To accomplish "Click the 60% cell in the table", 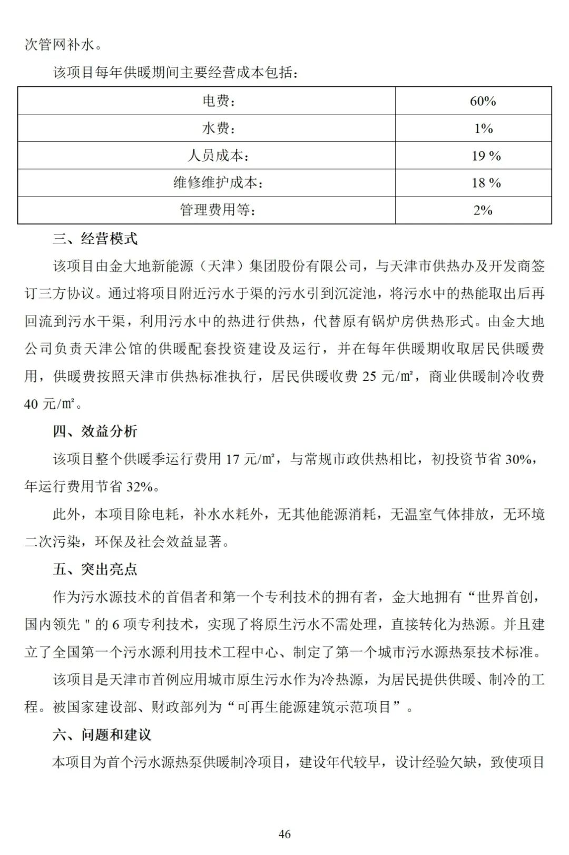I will coord(483,101).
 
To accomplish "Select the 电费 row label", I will coord(219,101).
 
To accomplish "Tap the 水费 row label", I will coord(219,129).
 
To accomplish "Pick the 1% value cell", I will coord(483,129).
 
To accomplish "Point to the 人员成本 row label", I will coord(219,156).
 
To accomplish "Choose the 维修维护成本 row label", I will coord(219,183).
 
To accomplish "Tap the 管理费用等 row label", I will coord(219,211).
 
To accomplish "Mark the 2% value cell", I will coord(483,211).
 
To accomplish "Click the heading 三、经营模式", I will coord(95,239).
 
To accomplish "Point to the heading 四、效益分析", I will coord(95,431).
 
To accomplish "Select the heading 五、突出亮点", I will coord(95,569).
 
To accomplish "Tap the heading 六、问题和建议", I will coord(102,734).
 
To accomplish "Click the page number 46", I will coord(284,834).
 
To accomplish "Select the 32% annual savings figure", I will coord(139,486).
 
